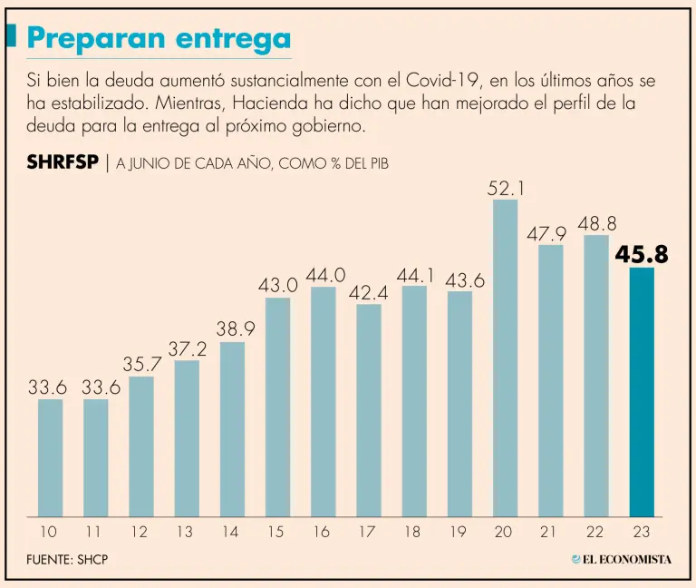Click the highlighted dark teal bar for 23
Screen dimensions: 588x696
642,392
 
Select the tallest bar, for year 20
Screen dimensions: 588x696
505,358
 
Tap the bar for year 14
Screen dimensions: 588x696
232,428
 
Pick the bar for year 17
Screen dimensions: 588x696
368,410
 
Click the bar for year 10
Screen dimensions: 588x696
50,457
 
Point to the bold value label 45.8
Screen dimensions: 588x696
642,256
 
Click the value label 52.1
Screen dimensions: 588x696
506,189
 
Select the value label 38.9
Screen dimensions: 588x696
234,330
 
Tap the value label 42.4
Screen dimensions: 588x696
367,293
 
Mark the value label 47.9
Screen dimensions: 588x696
546,234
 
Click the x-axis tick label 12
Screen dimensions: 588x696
139,533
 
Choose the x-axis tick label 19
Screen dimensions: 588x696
458,533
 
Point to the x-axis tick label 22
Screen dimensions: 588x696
594,533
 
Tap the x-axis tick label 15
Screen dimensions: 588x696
275,533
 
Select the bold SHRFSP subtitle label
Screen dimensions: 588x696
63,163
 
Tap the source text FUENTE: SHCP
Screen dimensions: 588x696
68,560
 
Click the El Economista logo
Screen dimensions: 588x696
621,559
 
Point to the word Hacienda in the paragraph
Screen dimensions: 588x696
285,103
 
